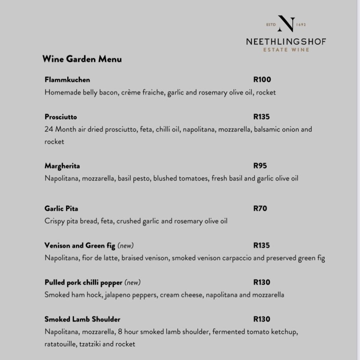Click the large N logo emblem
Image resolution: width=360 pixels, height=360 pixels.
(x=286, y=24)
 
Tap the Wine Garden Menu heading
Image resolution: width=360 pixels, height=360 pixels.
(x=82, y=59)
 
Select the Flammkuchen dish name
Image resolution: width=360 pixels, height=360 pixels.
(x=67, y=80)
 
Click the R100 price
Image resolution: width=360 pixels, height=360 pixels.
(x=262, y=80)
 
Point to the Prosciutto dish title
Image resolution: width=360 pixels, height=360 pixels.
(x=61, y=117)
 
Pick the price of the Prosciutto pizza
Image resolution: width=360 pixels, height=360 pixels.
(x=262, y=117)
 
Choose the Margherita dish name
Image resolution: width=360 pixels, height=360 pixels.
(x=62, y=166)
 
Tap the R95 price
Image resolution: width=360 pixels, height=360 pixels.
(x=260, y=166)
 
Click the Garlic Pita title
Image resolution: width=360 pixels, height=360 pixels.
(x=61, y=209)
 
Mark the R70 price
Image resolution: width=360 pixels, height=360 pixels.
(x=260, y=209)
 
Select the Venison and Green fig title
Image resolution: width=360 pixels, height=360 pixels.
(x=80, y=246)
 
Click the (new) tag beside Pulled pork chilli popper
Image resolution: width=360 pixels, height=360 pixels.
(x=132, y=283)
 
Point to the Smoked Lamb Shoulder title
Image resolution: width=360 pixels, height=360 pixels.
(x=83, y=319)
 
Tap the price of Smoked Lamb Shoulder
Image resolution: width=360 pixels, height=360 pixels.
(x=262, y=319)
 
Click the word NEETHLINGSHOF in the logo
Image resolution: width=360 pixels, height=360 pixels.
(x=286, y=41)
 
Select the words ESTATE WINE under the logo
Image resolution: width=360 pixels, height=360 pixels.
(x=286, y=50)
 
